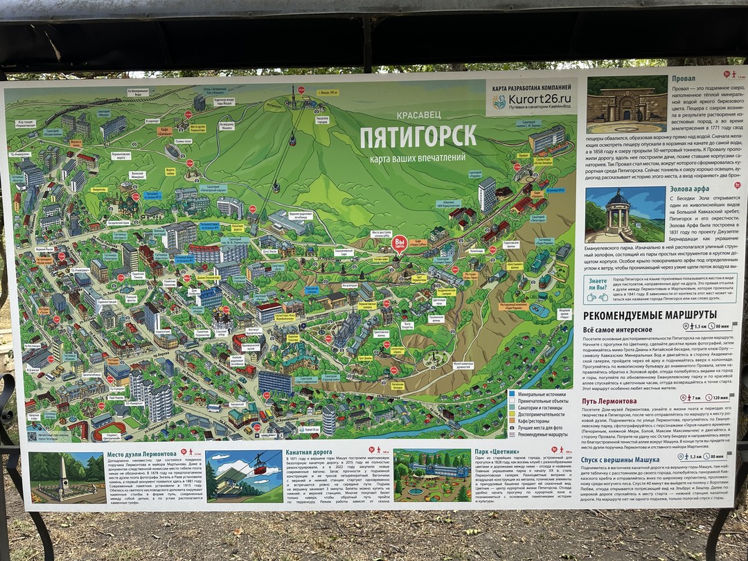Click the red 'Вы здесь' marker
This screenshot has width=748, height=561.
pos(399,244)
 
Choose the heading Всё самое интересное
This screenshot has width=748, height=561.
pos(617,329)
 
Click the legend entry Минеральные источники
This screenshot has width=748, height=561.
pos(543,394)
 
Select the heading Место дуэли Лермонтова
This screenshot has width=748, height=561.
pos(145,455)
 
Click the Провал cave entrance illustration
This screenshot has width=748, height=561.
pos(627,105)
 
